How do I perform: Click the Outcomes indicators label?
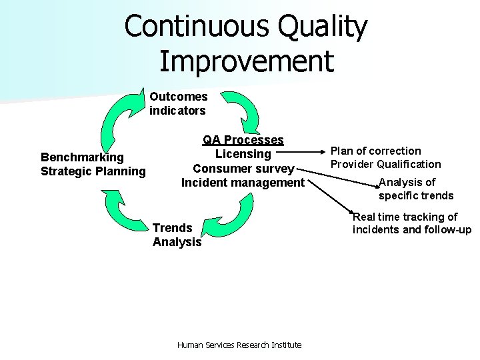coord(178,104)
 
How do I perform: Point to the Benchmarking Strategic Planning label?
coord(93,164)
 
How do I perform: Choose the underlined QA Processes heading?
coord(243,140)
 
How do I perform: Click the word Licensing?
coord(243,154)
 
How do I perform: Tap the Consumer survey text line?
coord(243,168)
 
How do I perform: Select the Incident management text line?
coord(243,182)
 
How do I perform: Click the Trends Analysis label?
coord(177,235)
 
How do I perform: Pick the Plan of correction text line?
coord(376,151)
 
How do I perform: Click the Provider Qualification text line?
coord(386,164)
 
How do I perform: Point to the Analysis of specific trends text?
coord(415,189)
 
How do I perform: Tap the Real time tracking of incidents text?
coord(411,223)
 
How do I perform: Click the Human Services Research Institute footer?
coord(239,345)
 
